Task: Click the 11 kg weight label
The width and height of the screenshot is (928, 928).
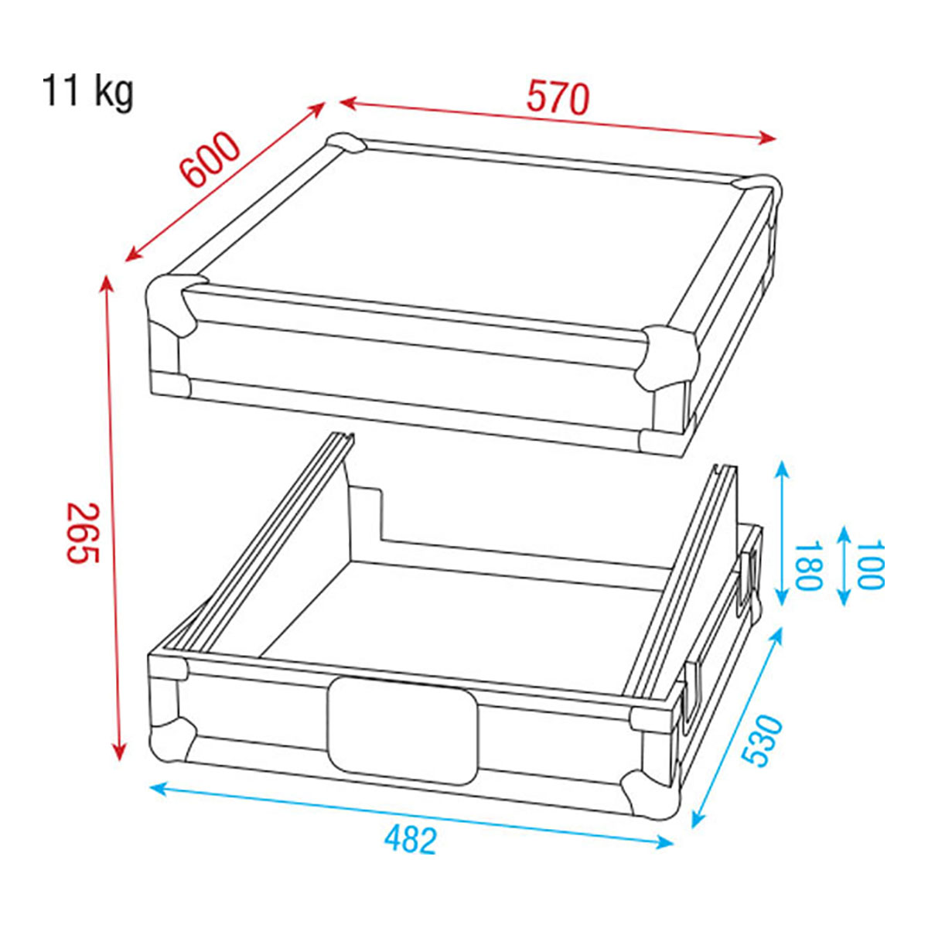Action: [87, 91]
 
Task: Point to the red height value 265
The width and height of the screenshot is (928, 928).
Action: [82, 533]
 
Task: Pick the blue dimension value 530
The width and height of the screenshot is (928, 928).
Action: [763, 748]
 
